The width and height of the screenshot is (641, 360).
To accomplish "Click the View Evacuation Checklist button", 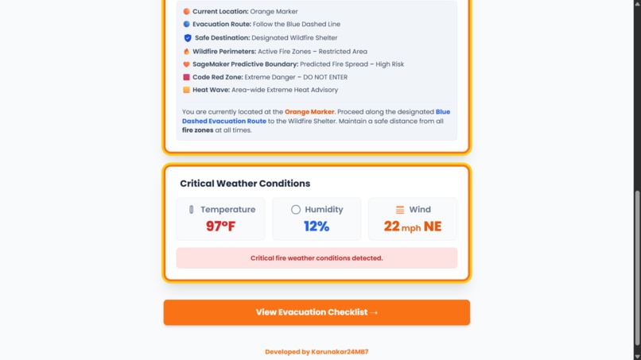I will [x=317, y=312].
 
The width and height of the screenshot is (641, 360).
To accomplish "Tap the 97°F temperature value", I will [x=220, y=226].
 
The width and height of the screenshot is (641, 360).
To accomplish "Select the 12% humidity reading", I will [x=317, y=226].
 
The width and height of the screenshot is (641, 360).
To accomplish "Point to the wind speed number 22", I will [x=391, y=226].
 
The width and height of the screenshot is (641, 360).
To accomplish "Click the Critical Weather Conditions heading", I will [x=245, y=184].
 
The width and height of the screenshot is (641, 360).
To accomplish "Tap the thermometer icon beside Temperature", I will [x=191, y=210].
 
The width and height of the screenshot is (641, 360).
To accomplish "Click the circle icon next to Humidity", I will [x=296, y=210].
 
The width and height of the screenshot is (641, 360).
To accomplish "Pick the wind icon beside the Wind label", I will [x=400, y=210].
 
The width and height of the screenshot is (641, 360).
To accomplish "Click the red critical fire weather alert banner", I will [x=317, y=258].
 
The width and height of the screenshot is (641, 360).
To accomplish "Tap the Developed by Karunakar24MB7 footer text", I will [x=317, y=351].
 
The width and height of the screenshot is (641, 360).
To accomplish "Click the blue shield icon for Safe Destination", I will [x=188, y=38].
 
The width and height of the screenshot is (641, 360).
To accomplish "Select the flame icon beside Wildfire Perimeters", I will [x=187, y=52].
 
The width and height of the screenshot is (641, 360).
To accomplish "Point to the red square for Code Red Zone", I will [x=187, y=77].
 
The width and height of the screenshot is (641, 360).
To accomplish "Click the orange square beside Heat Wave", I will [x=187, y=90].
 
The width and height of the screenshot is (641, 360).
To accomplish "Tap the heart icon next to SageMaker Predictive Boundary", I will [x=187, y=64].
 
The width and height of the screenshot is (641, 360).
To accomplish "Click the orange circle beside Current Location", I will [x=187, y=12].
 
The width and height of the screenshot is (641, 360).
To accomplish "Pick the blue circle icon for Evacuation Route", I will [x=187, y=25].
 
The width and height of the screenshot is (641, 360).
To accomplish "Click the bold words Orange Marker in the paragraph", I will [x=309, y=112].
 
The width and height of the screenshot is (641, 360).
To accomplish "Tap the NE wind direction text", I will [x=433, y=226].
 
